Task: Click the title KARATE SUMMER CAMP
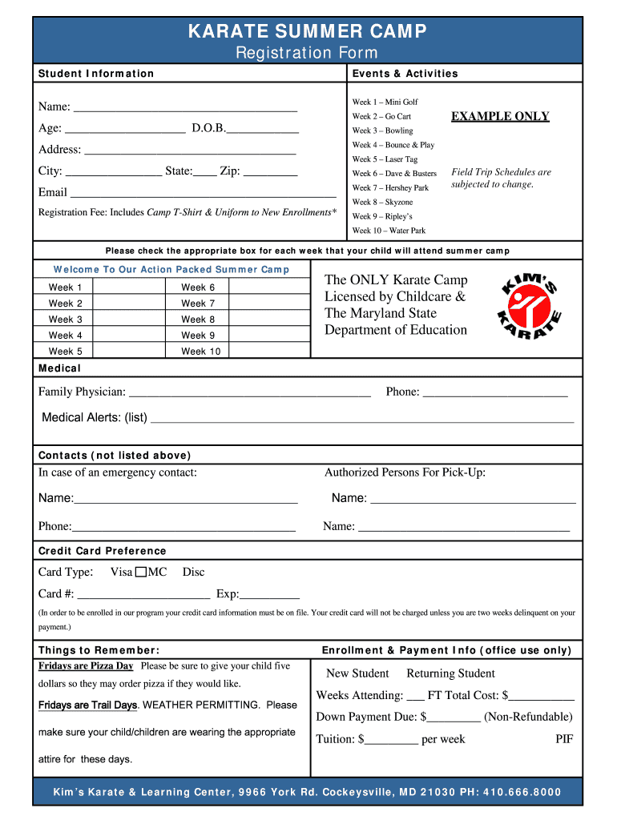[x=308, y=31]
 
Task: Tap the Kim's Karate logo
[x=530, y=307]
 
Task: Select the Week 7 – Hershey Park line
[x=390, y=188]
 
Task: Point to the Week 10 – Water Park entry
[x=389, y=231]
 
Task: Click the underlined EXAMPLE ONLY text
[x=500, y=117]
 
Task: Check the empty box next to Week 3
[x=128, y=320]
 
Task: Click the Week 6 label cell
[x=198, y=287]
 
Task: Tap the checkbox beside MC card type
[x=141, y=573]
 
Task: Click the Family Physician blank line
[x=249, y=392]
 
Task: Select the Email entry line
[x=203, y=193]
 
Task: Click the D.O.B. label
[x=208, y=128]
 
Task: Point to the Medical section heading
[x=59, y=368]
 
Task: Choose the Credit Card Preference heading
[x=102, y=551]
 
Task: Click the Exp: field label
[x=228, y=594]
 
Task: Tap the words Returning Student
[x=450, y=673]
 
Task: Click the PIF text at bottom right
[x=564, y=739]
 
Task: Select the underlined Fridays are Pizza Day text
[x=86, y=666]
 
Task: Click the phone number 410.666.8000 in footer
[x=522, y=793]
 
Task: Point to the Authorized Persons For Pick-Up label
[x=405, y=472]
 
